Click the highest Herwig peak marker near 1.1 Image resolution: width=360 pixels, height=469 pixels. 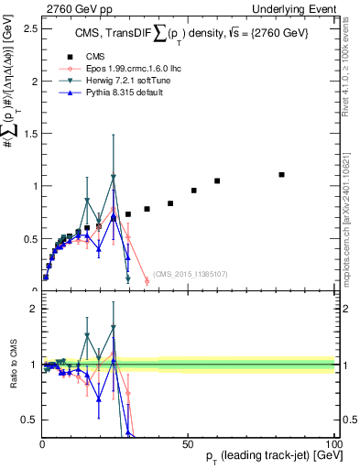(114, 177)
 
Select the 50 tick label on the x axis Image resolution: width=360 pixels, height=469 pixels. (187, 443)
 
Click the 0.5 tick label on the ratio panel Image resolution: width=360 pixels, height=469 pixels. (27, 420)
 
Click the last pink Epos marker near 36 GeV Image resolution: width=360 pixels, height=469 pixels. (147, 280)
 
